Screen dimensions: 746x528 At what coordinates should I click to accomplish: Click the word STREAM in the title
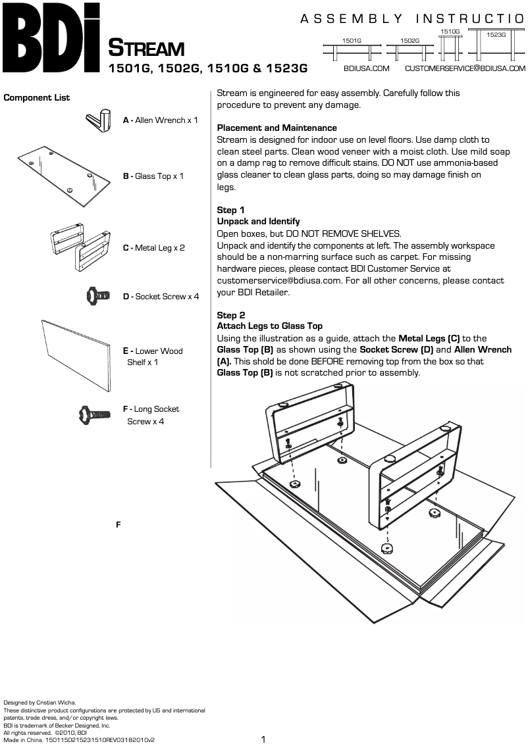coord(145,49)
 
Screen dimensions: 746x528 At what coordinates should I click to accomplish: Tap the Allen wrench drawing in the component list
coord(100,120)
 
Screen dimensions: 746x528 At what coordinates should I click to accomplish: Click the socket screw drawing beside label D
coord(97,296)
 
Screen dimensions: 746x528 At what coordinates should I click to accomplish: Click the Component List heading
coord(37,98)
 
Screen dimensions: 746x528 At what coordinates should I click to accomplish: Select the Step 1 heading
coord(230,210)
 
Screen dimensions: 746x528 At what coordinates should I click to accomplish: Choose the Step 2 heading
coord(230,315)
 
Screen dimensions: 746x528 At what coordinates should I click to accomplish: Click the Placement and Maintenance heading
coord(277,128)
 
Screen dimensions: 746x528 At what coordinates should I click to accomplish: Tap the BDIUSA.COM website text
coord(366,68)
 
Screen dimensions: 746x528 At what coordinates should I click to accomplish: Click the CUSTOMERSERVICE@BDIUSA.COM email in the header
coord(465,68)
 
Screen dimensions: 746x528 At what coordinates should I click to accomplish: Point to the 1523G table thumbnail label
coord(496,34)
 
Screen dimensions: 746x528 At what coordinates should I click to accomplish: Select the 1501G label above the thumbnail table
coord(352,41)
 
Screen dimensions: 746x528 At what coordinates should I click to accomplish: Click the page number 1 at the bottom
coord(263,739)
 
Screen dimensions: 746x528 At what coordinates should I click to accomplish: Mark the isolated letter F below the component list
coord(118,524)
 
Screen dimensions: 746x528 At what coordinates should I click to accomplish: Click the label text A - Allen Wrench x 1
coord(161,120)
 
